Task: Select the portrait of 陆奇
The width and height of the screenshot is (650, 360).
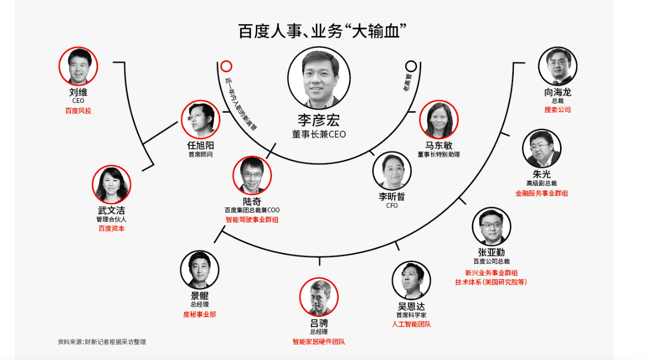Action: [x=252, y=176]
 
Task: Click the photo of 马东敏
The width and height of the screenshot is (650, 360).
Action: [x=438, y=120]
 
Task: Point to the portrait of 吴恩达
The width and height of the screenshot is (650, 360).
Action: [x=412, y=281]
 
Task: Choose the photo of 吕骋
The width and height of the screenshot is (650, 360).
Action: [x=319, y=297]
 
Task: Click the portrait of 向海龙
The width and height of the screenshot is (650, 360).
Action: [x=557, y=66]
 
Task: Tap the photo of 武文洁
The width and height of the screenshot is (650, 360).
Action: [x=111, y=185]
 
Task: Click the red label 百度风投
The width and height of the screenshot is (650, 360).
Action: [x=78, y=110]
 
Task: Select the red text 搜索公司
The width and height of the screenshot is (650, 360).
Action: [x=557, y=109]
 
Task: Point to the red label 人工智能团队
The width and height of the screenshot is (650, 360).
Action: [x=411, y=324]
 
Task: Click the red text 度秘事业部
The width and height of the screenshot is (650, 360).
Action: [x=199, y=314]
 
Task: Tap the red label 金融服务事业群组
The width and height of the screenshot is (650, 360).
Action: [x=541, y=193]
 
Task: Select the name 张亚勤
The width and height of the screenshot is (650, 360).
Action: [x=491, y=253]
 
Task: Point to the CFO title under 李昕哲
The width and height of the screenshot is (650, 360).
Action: [x=392, y=205]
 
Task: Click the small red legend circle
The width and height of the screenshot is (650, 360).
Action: [x=227, y=66]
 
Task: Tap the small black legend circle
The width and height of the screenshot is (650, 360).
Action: [x=411, y=66]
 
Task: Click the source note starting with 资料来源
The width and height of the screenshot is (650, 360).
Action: [x=102, y=342]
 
